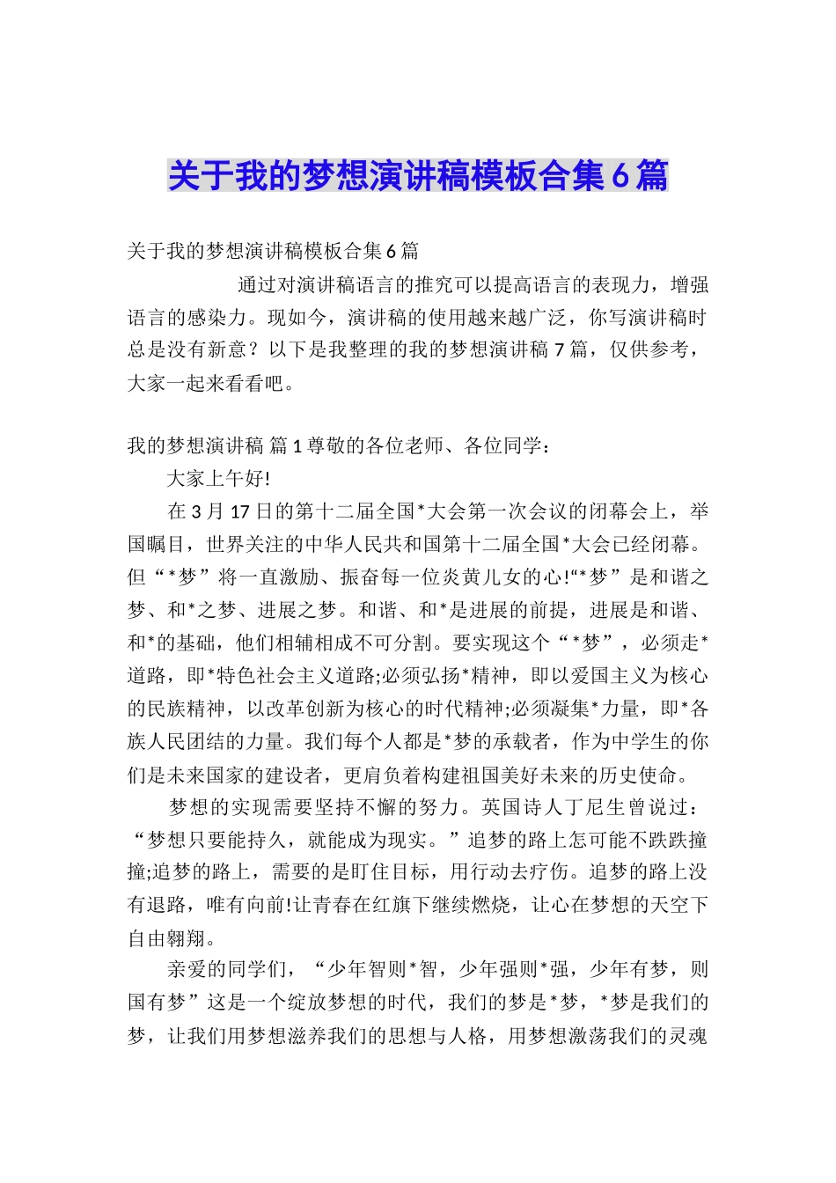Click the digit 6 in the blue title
coord(620,176)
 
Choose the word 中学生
coord(649,742)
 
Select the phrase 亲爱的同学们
coord(225,971)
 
